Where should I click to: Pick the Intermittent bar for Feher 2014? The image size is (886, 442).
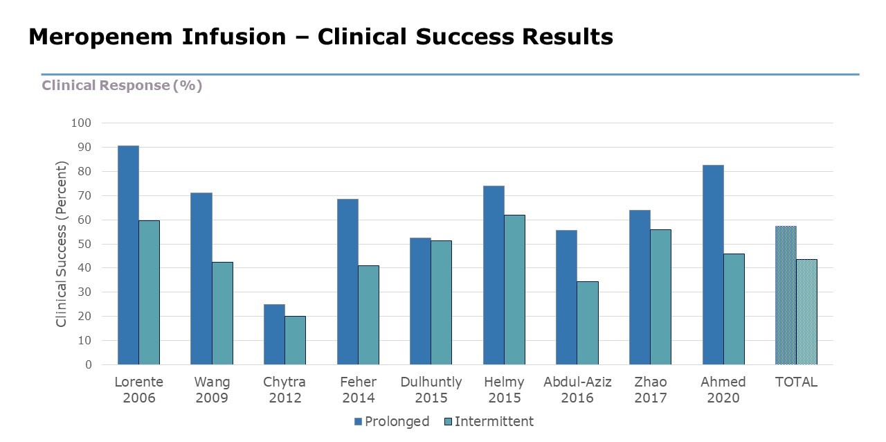pyautogui.click(x=368, y=315)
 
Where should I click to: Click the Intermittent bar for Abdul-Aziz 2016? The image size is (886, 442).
pyautogui.click(x=588, y=323)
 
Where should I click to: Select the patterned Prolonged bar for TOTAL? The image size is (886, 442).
pyautogui.click(x=786, y=295)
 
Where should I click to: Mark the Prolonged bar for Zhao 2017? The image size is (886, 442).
pyautogui.click(x=640, y=288)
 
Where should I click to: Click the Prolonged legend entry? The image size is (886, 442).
pyautogui.click(x=391, y=421)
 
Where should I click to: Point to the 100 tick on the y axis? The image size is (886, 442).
pyautogui.click(x=81, y=123)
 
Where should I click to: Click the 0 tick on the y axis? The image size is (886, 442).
pyautogui.click(x=88, y=364)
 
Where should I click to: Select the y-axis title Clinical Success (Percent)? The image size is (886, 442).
pyautogui.click(x=62, y=244)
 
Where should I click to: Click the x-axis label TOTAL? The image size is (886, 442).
pyautogui.click(x=796, y=382)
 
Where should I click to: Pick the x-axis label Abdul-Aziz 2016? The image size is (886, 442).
pyautogui.click(x=577, y=390)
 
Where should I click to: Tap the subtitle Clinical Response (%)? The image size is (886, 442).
pyautogui.click(x=122, y=85)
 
